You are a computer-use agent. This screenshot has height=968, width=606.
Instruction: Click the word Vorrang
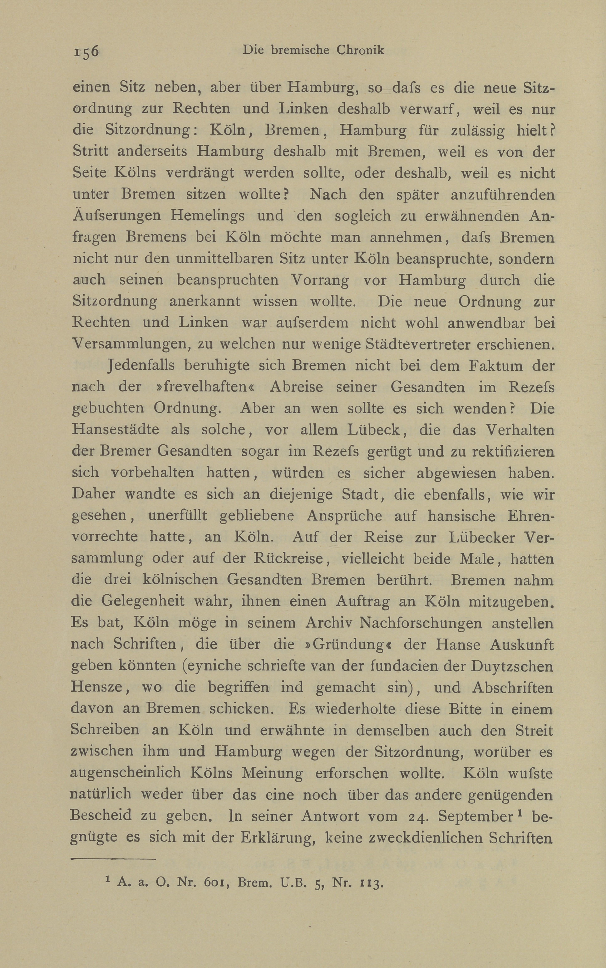click(320, 280)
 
